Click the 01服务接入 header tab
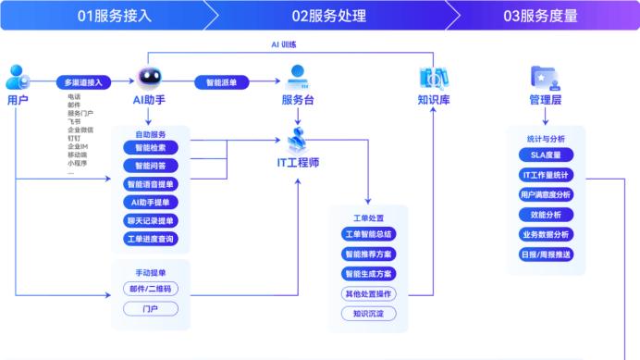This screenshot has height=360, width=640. click(106, 15)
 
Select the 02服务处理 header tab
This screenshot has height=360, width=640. click(328, 15)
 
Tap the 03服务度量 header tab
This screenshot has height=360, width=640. click(540, 15)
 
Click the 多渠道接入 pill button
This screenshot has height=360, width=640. click(82, 81)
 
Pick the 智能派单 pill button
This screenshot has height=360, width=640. click(220, 81)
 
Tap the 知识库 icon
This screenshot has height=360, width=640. click(433, 78)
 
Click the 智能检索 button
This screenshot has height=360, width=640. click(150, 147)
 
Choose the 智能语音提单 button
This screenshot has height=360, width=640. click(150, 184)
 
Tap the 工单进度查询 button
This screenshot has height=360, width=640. click(150, 239)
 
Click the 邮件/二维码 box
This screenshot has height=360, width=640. click(150, 289)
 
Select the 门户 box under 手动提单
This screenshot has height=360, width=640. click(150, 308)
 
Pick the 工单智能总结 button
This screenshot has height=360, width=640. click(368, 234)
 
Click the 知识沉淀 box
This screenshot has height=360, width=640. click(368, 314)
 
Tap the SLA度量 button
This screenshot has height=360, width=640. click(545, 155)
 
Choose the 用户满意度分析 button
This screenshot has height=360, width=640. click(545, 194)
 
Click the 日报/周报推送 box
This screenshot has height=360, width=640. click(545, 254)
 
